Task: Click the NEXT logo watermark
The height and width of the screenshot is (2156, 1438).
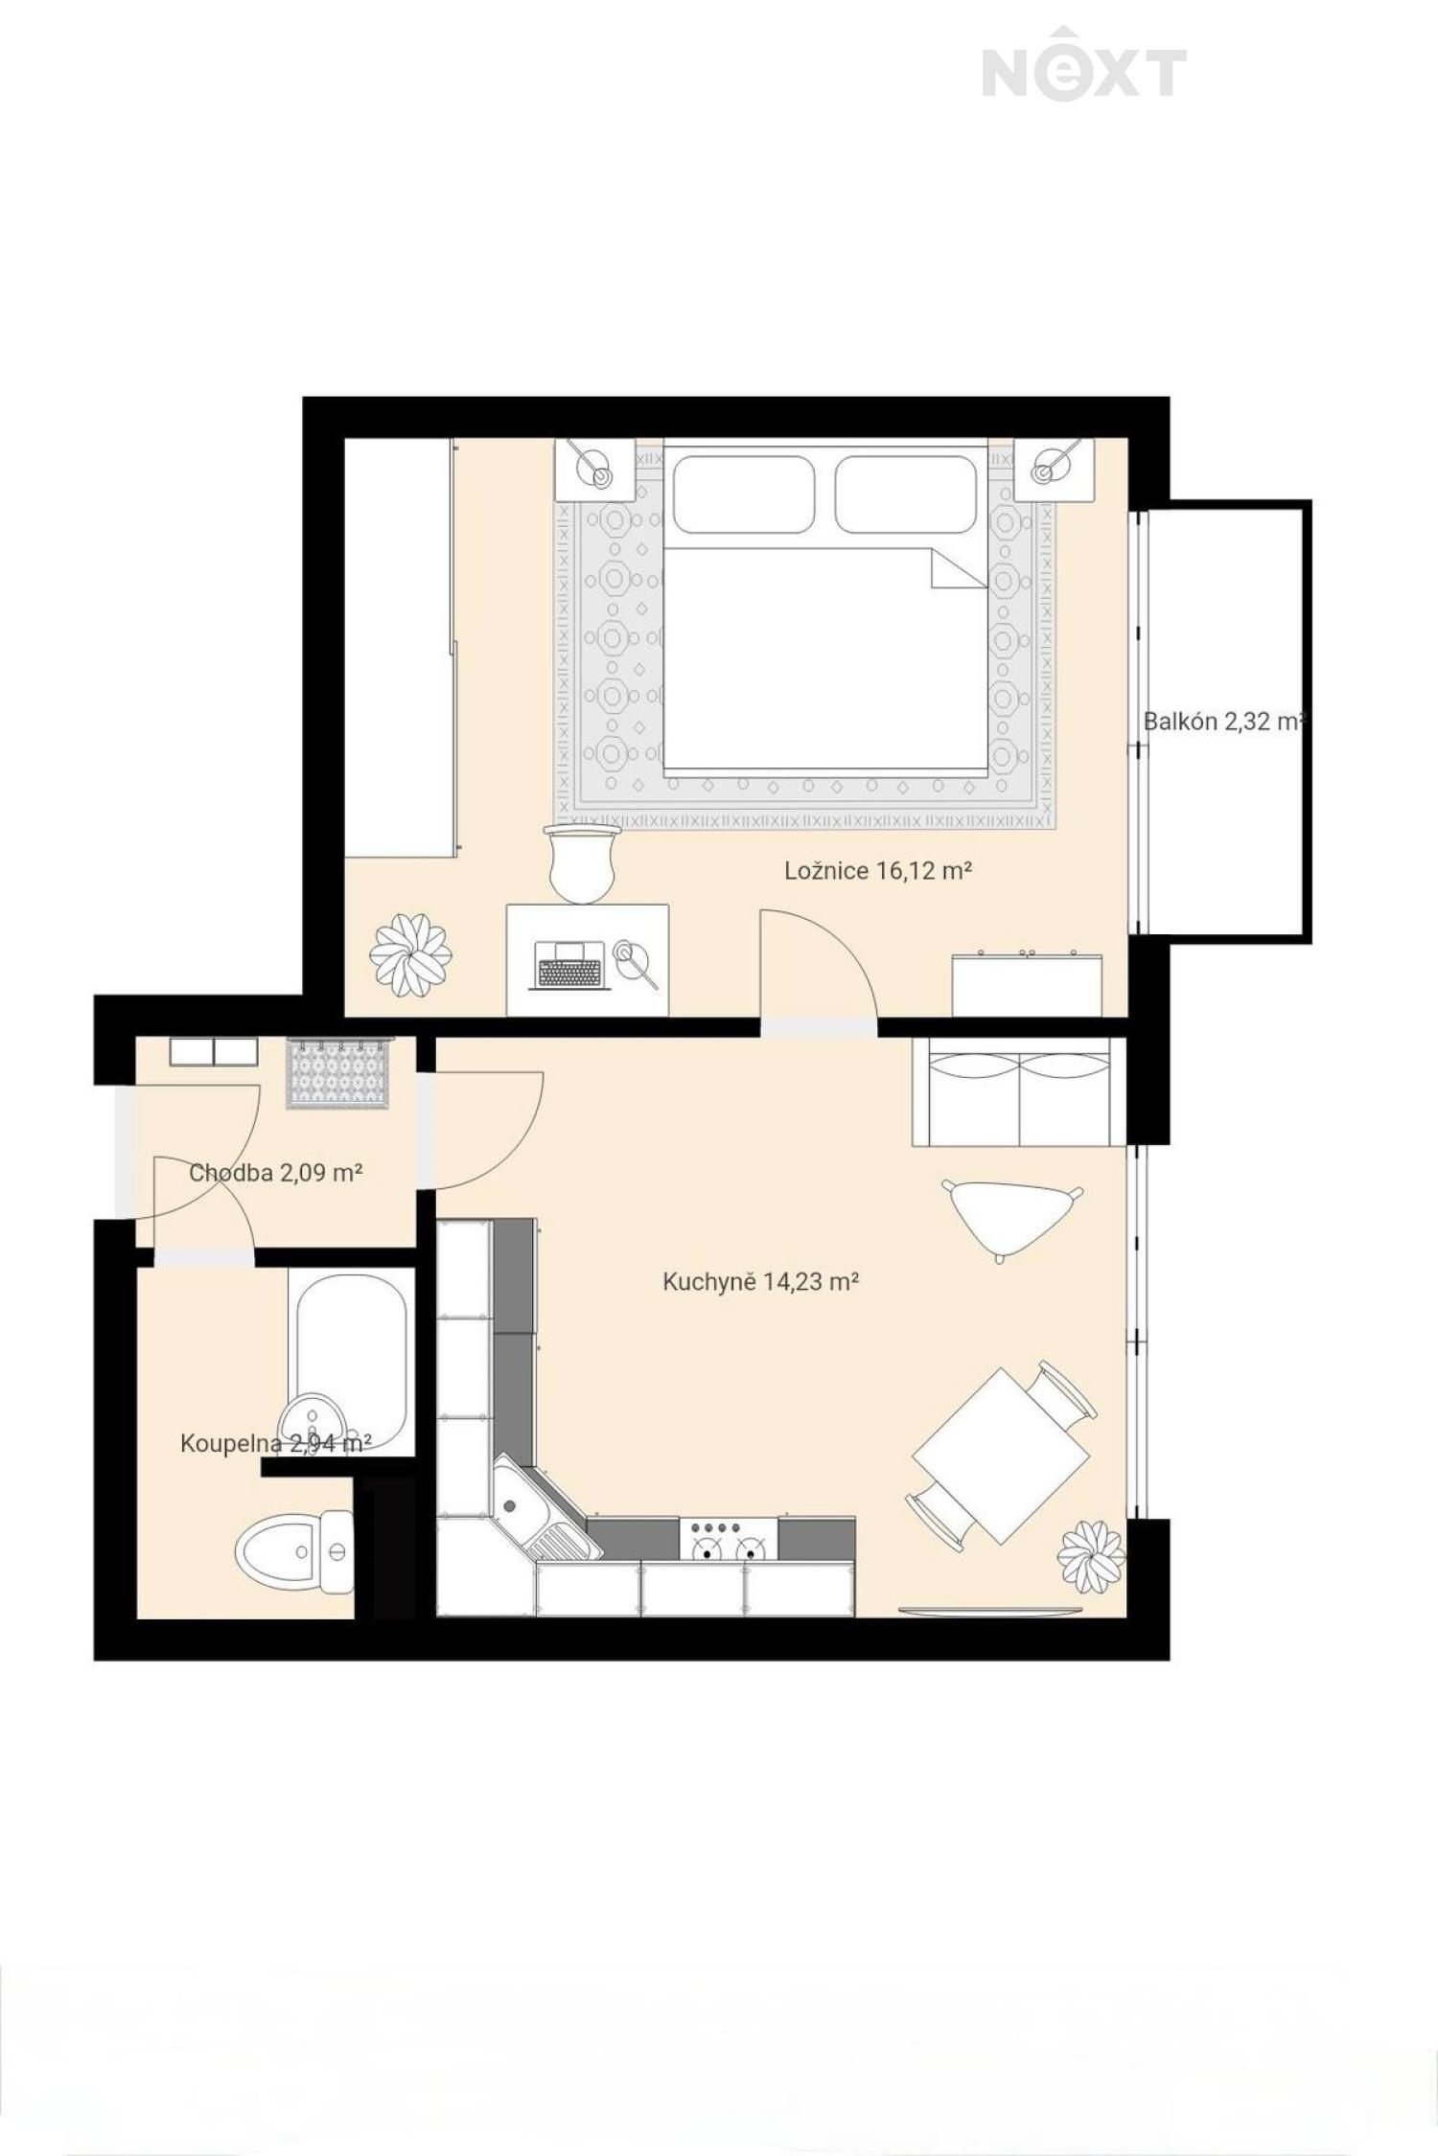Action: coord(1084,64)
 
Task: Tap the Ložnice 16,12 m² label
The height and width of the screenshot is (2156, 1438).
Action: coord(879,870)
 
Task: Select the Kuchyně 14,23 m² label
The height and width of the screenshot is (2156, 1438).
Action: coord(760,1281)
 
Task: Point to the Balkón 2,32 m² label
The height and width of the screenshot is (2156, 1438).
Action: coord(1224,722)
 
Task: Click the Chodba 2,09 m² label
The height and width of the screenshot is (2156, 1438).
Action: coord(275,1172)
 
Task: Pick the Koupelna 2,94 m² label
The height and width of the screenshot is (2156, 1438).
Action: coord(275,1443)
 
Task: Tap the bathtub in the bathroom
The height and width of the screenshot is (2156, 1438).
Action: coord(351,1360)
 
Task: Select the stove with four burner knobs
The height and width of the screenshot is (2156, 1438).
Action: coord(728,1539)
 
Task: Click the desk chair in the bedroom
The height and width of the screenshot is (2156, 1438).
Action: coord(581,863)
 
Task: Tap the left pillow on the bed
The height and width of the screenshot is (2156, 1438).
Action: coord(744,494)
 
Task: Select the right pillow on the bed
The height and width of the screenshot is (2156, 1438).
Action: coord(906,494)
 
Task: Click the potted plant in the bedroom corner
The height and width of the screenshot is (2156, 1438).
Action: coord(410,955)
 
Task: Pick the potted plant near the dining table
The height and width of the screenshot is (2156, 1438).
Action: coord(1091,1555)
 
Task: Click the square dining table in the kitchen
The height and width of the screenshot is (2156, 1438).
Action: coord(1001,1456)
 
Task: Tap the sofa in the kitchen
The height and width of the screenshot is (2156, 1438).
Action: coord(1018,1091)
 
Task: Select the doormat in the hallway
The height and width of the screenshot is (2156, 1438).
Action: coord(338,1073)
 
